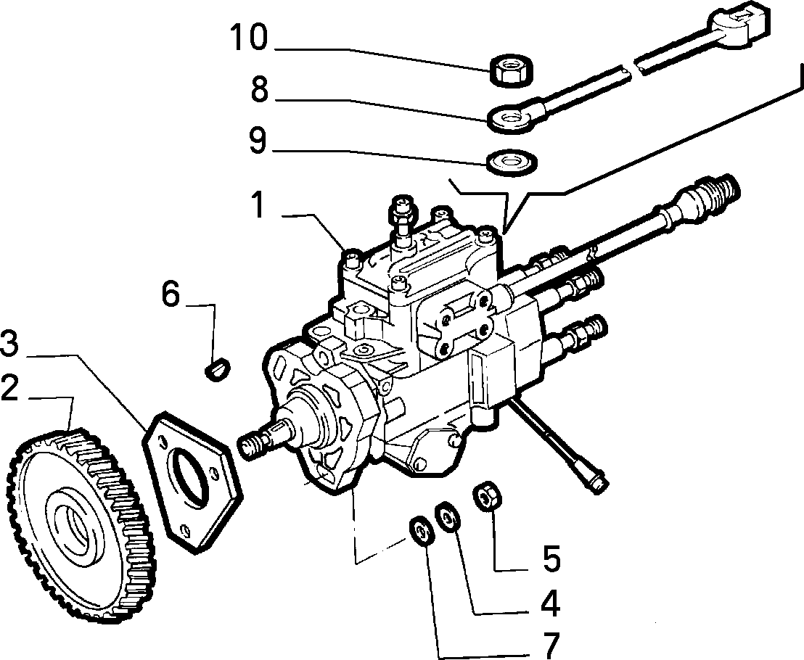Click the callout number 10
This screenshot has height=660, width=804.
pyautogui.click(x=249, y=38)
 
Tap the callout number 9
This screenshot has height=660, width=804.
pyautogui.click(x=258, y=140)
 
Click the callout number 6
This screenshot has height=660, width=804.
pyautogui.click(x=171, y=294)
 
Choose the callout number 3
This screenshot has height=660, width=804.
pyautogui.click(x=9, y=343)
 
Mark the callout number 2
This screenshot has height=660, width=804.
pyautogui.click(x=9, y=389)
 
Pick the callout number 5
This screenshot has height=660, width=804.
pyautogui.click(x=551, y=558)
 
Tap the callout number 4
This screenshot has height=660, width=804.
pyautogui.click(x=551, y=603)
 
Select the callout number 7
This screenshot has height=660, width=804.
pyautogui.click(x=551, y=645)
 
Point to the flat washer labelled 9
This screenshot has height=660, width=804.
pyautogui.click(x=512, y=162)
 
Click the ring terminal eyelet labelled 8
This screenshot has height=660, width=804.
pyautogui.click(x=511, y=118)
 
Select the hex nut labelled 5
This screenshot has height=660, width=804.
pyautogui.click(x=487, y=495)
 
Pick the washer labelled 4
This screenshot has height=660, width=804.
pyautogui.click(x=448, y=519)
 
